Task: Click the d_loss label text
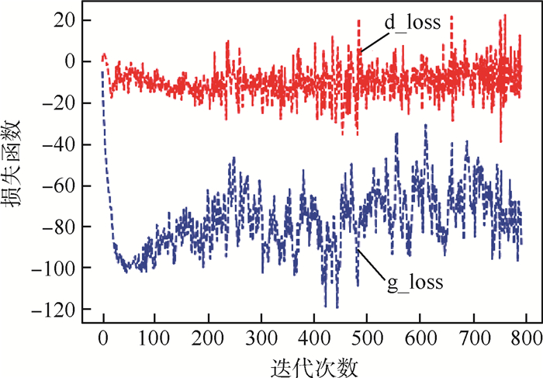pos(413,23)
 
